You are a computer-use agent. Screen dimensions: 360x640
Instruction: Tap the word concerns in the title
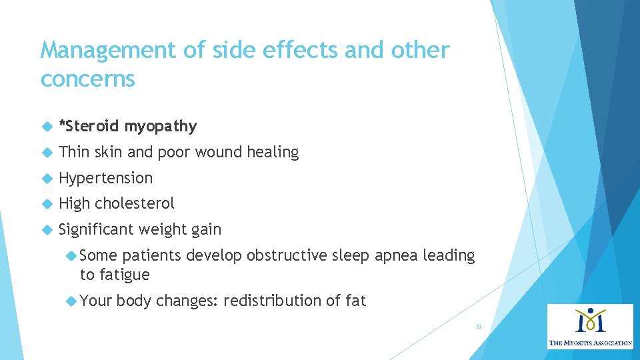tap(87, 79)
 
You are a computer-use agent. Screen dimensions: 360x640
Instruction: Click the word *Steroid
tap(89, 126)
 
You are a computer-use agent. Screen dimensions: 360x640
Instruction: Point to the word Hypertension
tap(105, 178)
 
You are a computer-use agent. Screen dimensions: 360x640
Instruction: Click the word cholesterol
tap(135, 203)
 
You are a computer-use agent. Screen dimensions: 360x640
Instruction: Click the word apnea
tap(395, 256)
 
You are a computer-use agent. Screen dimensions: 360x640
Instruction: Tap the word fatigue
tap(125, 275)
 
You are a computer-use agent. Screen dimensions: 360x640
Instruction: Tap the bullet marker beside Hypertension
tap(47, 179)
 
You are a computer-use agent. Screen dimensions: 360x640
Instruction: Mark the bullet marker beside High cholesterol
tap(47, 204)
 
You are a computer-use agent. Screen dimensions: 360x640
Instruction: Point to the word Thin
tap(74, 152)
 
